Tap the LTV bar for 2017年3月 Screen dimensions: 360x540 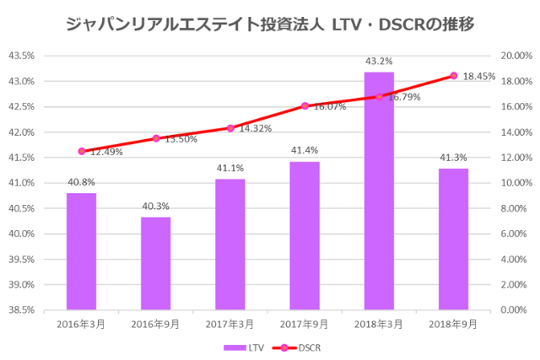[230, 244]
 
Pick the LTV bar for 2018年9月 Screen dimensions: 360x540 [454, 239]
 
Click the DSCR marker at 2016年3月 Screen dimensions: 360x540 [82, 152]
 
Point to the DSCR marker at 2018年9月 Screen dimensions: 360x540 [454, 76]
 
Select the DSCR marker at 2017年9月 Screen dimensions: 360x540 [305, 106]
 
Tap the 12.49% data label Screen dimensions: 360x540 [107, 152]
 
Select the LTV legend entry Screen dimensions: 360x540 [244, 347]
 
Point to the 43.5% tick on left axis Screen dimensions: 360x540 [21, 56]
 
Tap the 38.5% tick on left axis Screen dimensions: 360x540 [21, 309]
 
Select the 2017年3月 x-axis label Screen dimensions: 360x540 [230, 323]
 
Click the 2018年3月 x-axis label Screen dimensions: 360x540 [379, 323]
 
